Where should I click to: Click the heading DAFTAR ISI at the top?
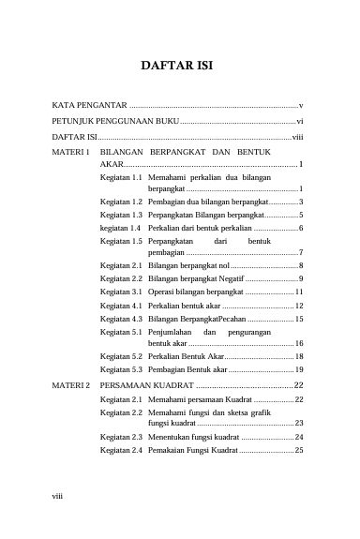[x=179, y=67]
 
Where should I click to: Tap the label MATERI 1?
[x=71, y=150]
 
